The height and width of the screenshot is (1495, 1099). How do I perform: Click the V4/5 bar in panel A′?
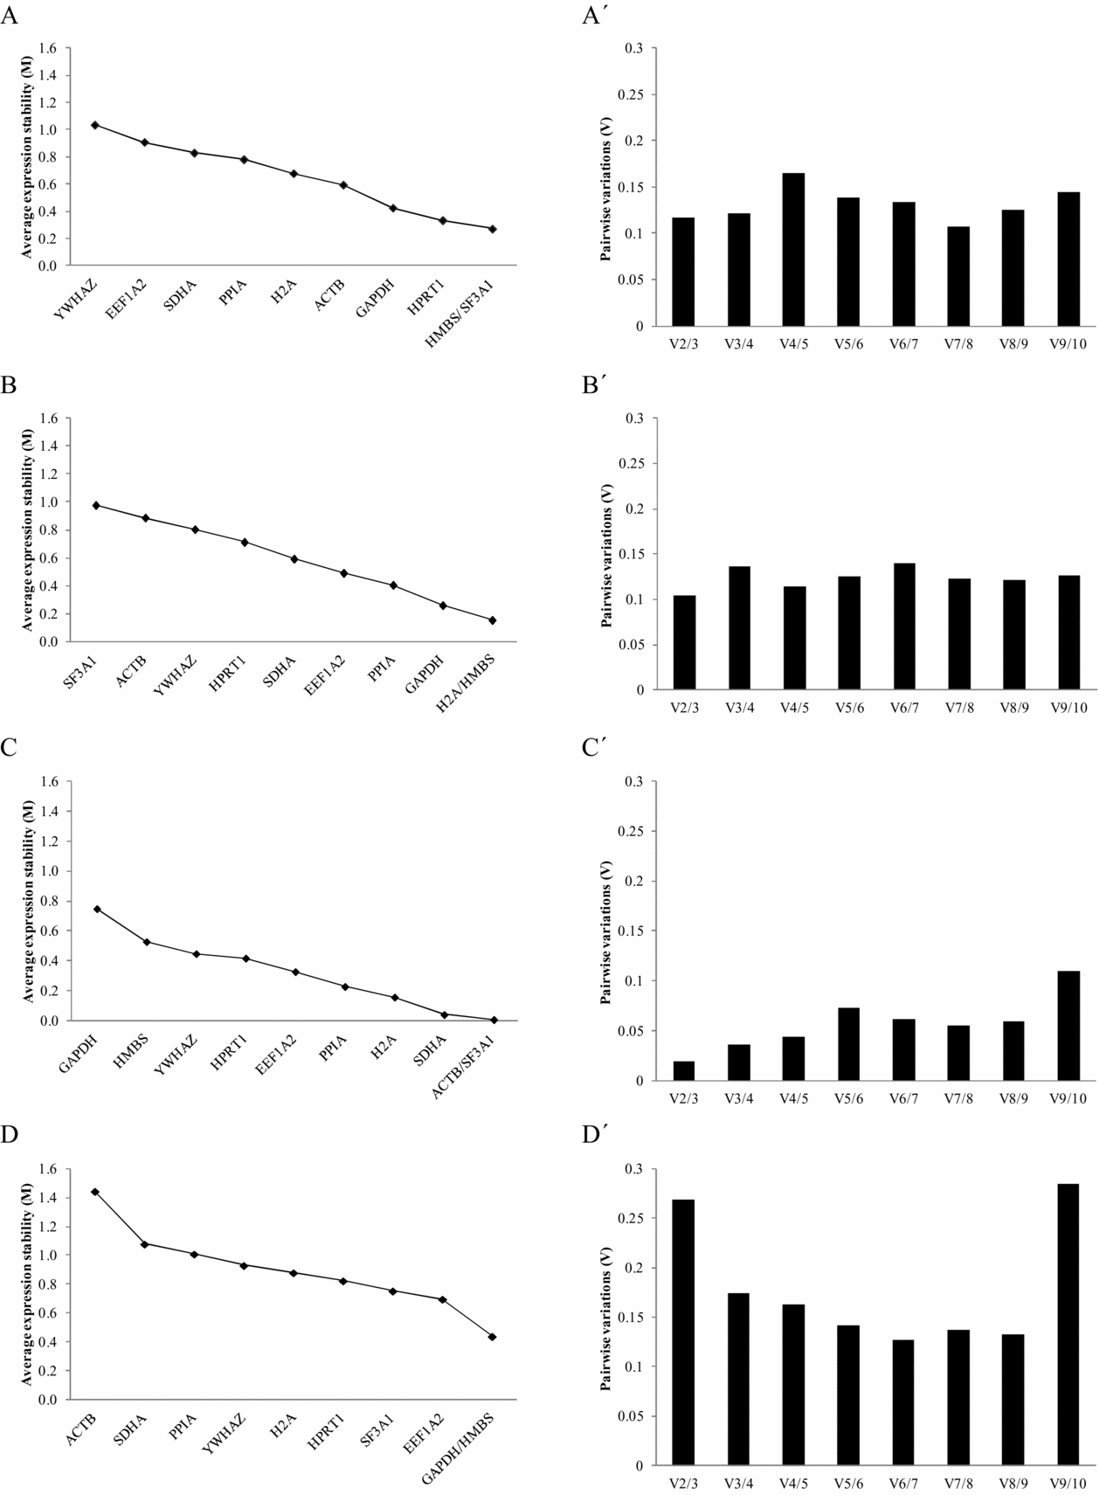tap(794, 249)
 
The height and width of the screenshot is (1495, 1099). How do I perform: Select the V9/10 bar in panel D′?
tap(1068, 1324)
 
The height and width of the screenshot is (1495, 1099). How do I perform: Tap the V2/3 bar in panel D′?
tap(683, 1332)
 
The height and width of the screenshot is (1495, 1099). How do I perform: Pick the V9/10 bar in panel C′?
tap(1068, 1026)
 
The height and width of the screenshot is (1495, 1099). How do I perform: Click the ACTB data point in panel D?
tap(94, 1192)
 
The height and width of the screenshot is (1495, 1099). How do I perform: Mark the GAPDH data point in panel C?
tap(97, 909)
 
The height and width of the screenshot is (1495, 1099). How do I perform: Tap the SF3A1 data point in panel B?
tap(96, 505)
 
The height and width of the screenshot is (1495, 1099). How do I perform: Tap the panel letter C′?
tap(595, 749)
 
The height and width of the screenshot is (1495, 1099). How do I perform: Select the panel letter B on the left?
tap(9, 386)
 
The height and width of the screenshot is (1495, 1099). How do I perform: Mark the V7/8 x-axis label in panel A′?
tap(958, 343)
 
